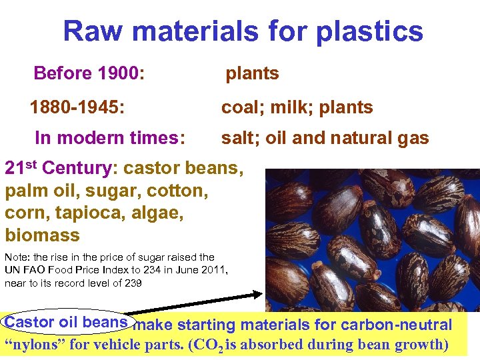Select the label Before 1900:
(x=89, y=73)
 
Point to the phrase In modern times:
(x=110, y=138)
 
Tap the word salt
(x=237, y=138)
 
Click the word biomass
(x=42, y=235)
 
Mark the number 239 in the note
(x=132, y=283)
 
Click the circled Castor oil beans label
(x=65, y=321)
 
